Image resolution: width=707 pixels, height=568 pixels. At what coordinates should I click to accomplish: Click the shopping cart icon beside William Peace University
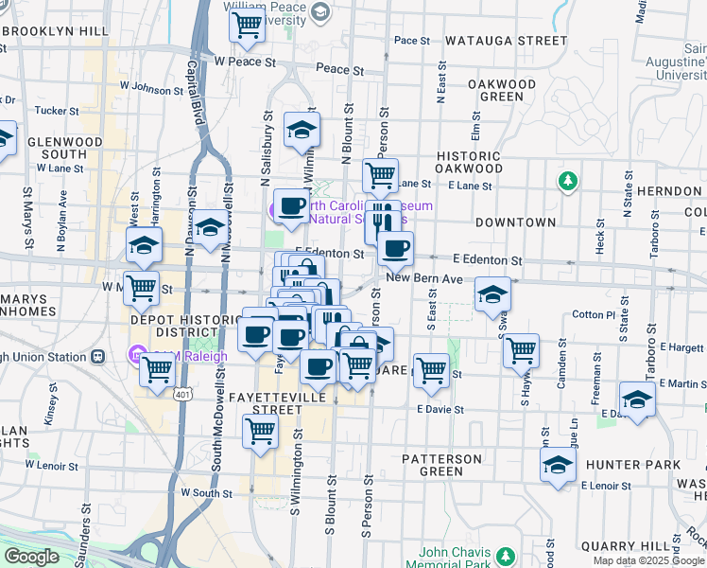click(x=248, y=26)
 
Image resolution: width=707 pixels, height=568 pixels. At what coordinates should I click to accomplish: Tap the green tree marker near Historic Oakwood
click(x=567, y=180)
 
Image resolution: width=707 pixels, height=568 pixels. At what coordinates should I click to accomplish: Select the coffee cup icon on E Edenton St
click(x=395, y=248)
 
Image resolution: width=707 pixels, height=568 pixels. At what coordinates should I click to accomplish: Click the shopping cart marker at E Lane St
click(x=380, y=174)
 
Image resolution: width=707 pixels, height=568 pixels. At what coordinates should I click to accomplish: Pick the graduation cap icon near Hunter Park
click(x=559, y=464)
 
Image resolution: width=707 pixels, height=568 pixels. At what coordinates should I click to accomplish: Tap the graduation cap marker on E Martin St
click(x=638, y=399)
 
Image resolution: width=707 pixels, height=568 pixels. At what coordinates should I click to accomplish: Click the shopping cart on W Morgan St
click(x=142, y=286)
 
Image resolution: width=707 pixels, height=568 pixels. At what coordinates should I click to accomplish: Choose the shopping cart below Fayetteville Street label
click(x=260, y=431)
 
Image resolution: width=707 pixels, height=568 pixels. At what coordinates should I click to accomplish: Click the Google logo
click(x=31, y=557)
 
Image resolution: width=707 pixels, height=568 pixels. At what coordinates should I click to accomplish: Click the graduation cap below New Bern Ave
click(x=491, y=293)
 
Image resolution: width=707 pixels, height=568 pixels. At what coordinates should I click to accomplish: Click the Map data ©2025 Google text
click(x=647, y=560)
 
